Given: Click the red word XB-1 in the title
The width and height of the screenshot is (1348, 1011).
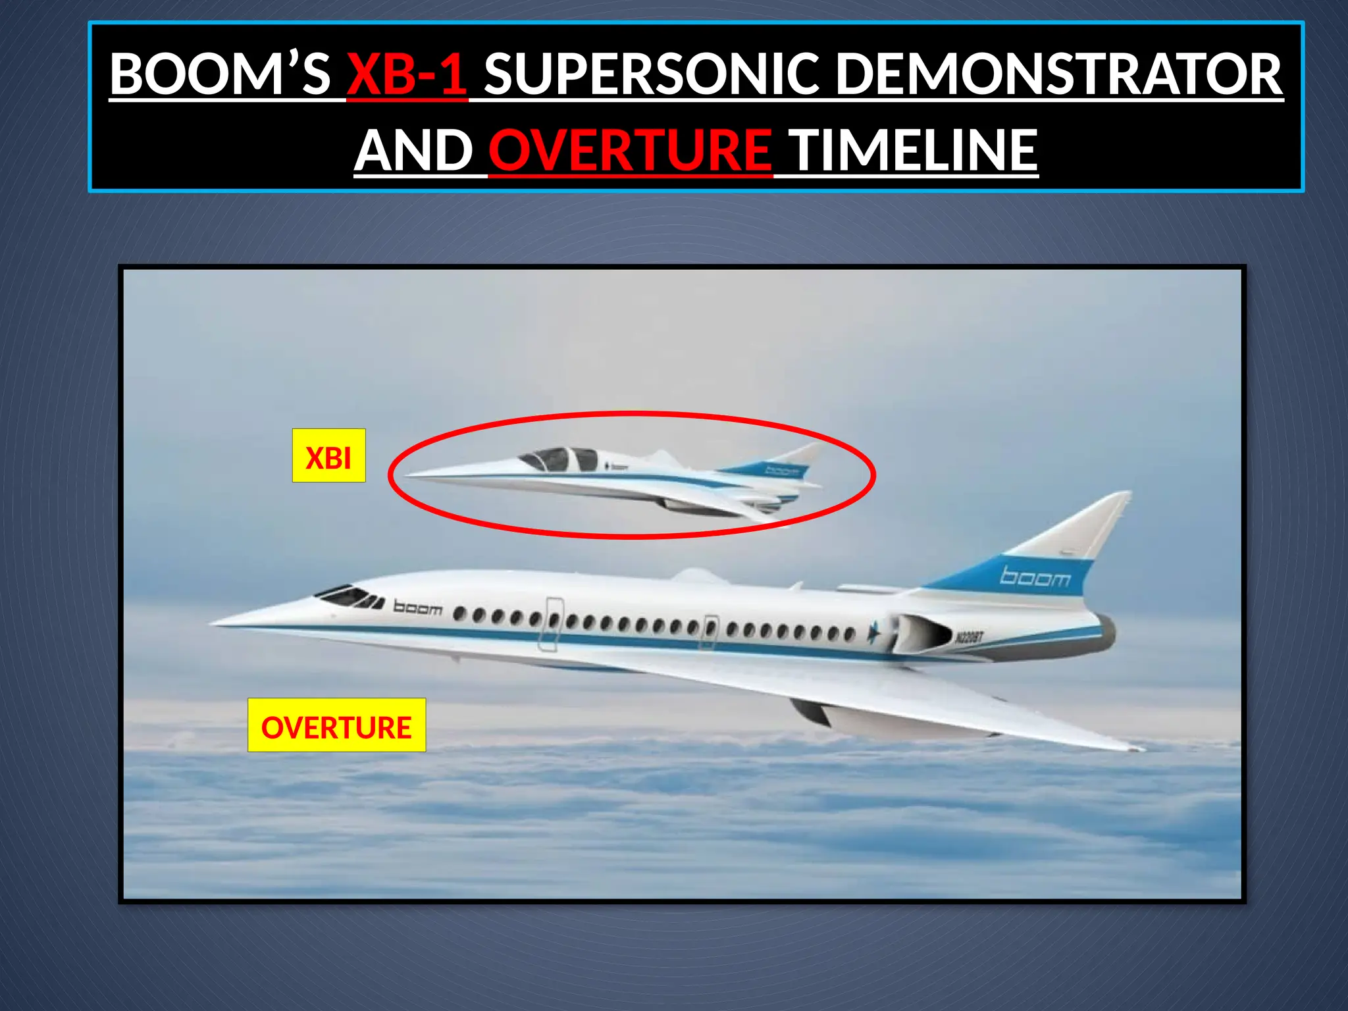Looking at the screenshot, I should pos(407,74).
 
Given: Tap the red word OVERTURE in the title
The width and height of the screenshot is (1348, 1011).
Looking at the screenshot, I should pos(630,150).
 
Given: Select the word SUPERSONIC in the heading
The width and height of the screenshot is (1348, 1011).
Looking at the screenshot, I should pos(652,74).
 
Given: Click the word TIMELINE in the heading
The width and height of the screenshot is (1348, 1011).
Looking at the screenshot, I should pos(913,150).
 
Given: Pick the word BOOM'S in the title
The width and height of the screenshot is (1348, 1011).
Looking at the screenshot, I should pos(220,74).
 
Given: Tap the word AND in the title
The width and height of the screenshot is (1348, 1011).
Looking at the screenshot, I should pos(413,150).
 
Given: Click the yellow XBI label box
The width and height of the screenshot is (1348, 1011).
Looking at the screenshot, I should pos(328,456).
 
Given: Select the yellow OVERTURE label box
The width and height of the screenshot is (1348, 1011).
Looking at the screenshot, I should pos(336,725).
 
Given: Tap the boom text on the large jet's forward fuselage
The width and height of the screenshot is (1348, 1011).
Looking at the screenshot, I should pos(417,608).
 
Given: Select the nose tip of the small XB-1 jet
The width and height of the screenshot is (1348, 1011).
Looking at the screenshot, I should pos(405,474).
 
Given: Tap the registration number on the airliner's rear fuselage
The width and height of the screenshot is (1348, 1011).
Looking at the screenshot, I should pos(969,636).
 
